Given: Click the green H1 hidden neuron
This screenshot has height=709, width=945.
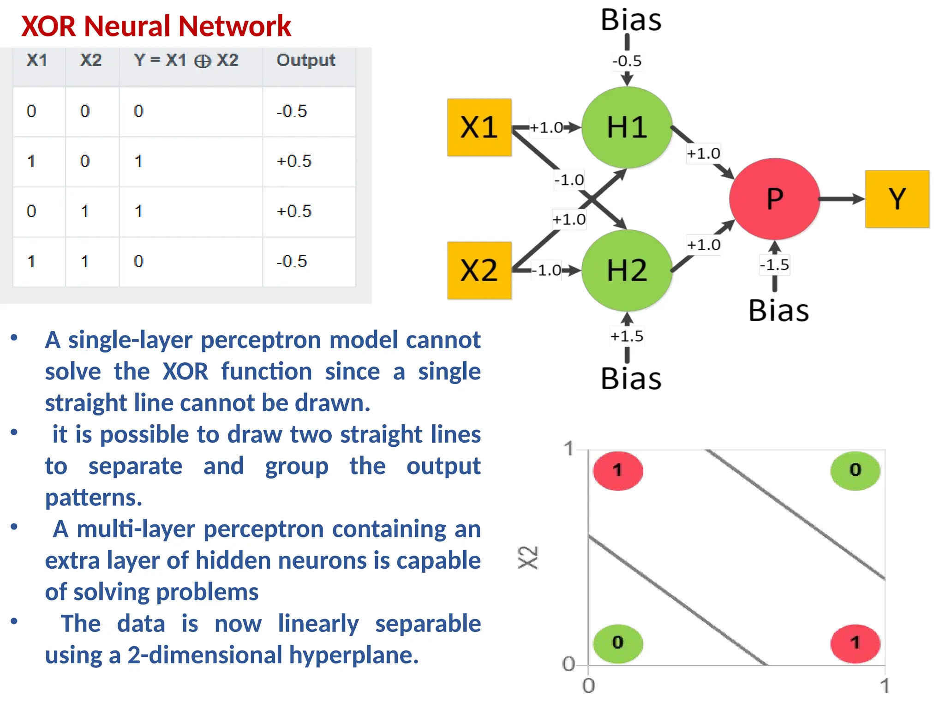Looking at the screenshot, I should coord(627,127).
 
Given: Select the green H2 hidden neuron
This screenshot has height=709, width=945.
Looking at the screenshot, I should coord(627,270).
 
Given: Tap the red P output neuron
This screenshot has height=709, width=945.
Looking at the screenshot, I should coord(774,199).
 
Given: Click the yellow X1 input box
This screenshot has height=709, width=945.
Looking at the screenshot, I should coord(479,127).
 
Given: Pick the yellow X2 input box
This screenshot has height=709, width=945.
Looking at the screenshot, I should coord(479,270).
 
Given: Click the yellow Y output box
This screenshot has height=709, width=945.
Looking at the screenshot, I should coord(897,199).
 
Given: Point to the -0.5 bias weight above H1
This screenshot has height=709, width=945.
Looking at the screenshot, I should coord(627,61).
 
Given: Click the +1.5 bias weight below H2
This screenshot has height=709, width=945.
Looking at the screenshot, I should coord(627,336).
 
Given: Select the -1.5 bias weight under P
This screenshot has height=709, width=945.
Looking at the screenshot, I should coord(774,265).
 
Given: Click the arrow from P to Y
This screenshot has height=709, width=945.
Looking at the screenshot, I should coord(841,199).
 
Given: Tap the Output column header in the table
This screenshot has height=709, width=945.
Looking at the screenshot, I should coord(305,60).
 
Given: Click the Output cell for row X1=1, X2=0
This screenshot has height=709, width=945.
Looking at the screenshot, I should coord(294,161).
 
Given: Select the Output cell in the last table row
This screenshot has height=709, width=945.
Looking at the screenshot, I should coord(292,261).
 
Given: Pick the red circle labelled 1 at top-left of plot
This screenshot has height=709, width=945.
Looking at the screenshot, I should coord(618,470).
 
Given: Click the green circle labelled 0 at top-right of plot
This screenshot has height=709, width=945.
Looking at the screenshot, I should coord(855,470).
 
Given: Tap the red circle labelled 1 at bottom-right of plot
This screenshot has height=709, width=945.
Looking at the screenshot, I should coord(855,643).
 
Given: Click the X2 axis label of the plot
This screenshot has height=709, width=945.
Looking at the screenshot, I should coord(528,557).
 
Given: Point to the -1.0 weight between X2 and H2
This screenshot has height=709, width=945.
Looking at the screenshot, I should coord(549,270).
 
